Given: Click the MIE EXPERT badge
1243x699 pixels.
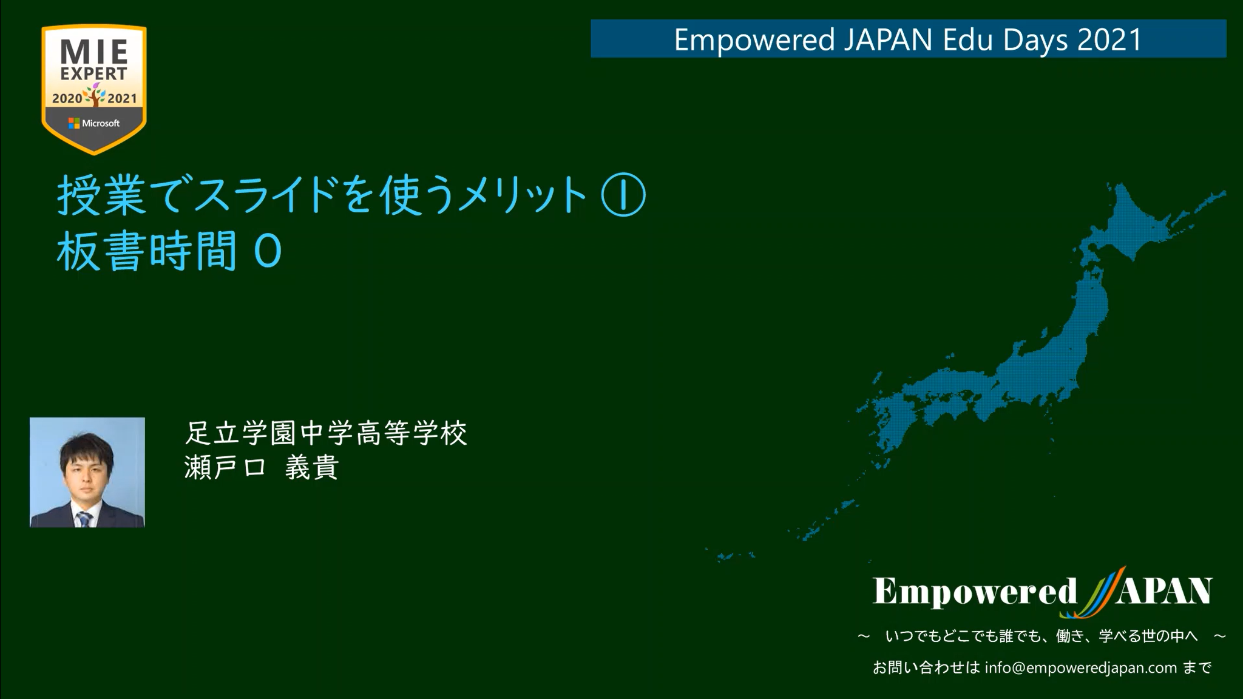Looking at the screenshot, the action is [x=94, y=89].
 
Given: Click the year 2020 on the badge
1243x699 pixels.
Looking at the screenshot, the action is [x=67, y=98].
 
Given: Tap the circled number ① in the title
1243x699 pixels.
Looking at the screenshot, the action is [x=623, y=196].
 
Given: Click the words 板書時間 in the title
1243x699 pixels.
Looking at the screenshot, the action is [x=146, y=251].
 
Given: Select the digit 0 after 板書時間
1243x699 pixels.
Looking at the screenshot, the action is [x=268, y=252].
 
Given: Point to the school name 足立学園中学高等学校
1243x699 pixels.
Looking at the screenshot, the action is [x=326, y=433].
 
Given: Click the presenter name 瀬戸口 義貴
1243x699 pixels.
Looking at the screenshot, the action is [x=261, y=467].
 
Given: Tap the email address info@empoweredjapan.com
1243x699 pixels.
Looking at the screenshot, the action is [x=1081, y=667].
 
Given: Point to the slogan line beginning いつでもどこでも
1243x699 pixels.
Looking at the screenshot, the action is [x=1041, y=636].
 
